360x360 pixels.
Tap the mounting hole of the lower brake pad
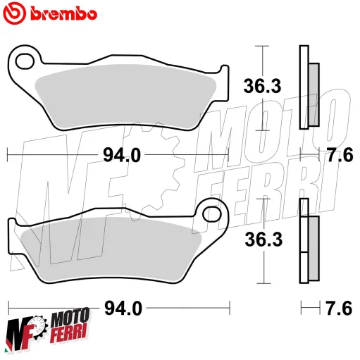click(209, 211)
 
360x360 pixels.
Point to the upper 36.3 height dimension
click(263, 87)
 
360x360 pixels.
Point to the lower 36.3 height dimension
click(263, 240)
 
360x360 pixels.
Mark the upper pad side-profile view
click(308, 87)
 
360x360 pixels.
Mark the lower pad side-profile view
click(308, 240)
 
